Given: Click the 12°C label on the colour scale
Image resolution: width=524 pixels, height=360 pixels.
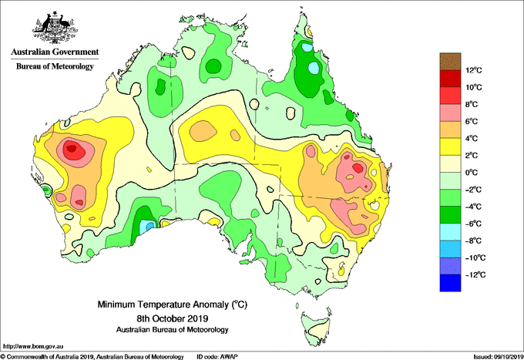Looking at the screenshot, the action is click(x=474, y=70).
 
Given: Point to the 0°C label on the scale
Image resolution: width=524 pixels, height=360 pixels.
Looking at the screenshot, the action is click(x=471, y=173).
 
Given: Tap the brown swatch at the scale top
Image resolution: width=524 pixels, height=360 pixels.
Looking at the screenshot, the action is click(x=450, y=61).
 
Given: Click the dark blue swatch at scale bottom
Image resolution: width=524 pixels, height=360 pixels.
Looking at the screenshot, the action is click(x=450, y=283).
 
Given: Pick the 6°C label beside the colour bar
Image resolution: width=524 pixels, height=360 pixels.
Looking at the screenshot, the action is click(x=471, y=121).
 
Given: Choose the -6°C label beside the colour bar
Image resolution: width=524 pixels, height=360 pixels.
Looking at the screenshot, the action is click(x=473, y=224).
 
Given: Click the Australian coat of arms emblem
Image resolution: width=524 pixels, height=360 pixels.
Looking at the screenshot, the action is click(x=55, y=28).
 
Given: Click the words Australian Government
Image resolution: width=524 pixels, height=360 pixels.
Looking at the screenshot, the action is click(x=55, y=52).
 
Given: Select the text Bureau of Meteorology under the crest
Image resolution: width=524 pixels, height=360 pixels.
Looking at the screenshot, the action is click(x=55, y=66).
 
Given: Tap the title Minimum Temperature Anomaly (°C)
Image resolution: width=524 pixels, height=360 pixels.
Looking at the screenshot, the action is click(x=172, y=304).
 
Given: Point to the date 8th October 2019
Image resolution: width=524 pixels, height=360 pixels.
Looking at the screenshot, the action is click(x=172, y=318).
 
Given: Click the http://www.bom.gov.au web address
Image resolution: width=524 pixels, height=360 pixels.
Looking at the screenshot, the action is click(x=32, y=346).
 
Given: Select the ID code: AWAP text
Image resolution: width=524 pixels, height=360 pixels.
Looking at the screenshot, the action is click(x=217, y=357).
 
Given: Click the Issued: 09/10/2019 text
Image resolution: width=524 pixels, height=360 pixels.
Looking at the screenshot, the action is click(x=499, y=357).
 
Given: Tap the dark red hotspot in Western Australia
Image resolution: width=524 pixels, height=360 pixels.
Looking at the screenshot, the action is click(x=74, y=150).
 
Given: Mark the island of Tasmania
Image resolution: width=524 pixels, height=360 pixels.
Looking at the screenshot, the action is click(x=316, y=328).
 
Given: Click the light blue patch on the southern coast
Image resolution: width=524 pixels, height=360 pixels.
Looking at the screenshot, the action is click(x=146, y=227).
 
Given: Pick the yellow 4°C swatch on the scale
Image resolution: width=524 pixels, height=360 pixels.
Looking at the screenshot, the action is click(x=450, y=146).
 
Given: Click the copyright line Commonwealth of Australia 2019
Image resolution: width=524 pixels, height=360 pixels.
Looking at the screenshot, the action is click(x=92, y=357).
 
